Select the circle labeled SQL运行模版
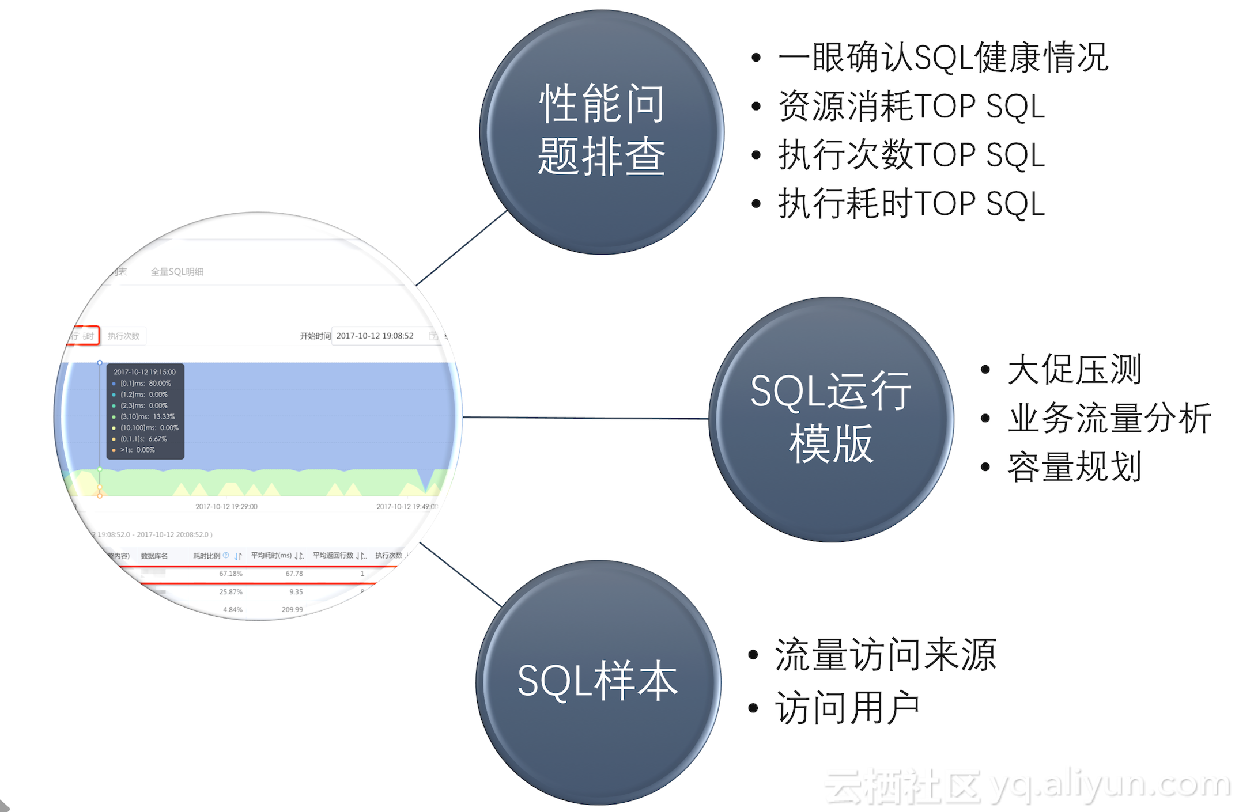click(x=830, y=419)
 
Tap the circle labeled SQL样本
click(x=598, y=682)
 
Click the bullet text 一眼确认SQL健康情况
click(x=943, y=58)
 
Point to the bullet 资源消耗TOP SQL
click(x=911, y=107)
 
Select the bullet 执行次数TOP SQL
click(x=911, y=155)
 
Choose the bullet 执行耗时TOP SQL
click(x=911, y=204)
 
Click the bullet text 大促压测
click(x=1074, y=369)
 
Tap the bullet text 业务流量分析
click(x=1109, y=418)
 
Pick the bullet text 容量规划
click(x=1074, y=466)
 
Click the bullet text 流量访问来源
click(x=886, y=655)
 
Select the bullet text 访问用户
click(x=847, y=708)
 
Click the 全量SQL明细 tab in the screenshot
click(x=177, y=272)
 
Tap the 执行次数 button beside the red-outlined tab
click(x=124, y=336)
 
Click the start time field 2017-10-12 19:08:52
click(x=375, y=336)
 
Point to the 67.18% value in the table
click(x=231, y=574)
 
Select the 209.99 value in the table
click(x=292, y=609)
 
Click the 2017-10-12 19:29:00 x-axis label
click(x=226, y=507)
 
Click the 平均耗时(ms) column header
click(x=271, y=556)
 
